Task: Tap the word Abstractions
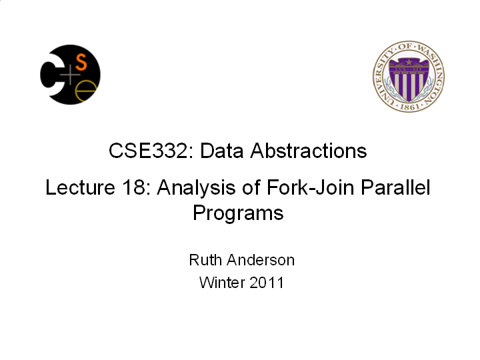[x=309, y=151]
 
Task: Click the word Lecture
[x=80, y=187]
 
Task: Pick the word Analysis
[x=196, y=188]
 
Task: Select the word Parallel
[x=395, y=187]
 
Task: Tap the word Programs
[x=238, y=213]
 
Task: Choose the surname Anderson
[x=261, y=260]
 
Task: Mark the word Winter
[x=221, y=282]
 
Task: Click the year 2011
[x=266, y=282]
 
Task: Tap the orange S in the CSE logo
[x=81, y=62]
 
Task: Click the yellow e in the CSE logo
[x=85, y=91]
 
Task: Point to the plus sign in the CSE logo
[x=70, y=75]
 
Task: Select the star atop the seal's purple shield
[x=409, y=63]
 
